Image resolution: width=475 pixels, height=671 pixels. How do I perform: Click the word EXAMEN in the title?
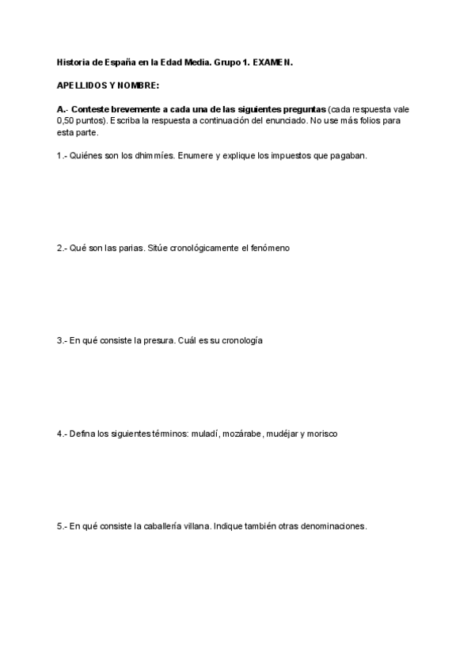[274, 61]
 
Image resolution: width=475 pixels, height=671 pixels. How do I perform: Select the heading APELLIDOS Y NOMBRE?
[108, 84]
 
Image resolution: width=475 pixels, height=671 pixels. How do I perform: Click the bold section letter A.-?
[64, 108]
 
